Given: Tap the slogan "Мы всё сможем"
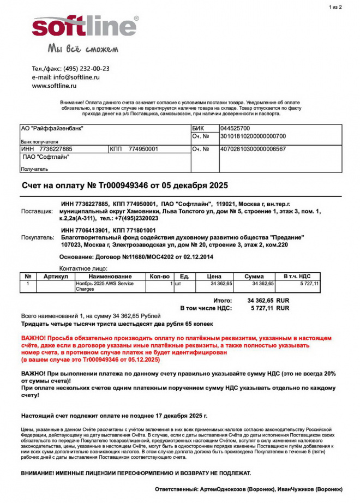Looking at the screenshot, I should coord(83,49).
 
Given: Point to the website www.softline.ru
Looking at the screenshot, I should coord(54,86).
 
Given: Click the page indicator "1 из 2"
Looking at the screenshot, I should coord(335,7).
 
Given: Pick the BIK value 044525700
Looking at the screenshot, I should coord(235,128).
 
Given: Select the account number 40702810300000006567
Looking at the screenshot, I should coord(253,148).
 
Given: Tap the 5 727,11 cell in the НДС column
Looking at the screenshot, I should coord(309,284).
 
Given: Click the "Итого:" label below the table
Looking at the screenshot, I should coord(223,301).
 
